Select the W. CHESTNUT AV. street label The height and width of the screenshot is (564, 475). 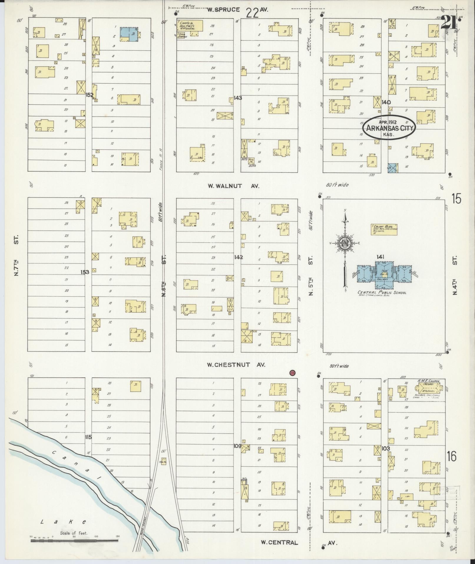click(x=236, y=365)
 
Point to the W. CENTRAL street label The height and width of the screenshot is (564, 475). click(x=279, y=542)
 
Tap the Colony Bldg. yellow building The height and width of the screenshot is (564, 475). click(x=384, y=229)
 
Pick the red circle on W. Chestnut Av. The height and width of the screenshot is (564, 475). click(x=292, y=372)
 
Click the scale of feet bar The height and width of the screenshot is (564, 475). click(x=74, y=541)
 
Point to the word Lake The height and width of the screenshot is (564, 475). click(x=63, y=522)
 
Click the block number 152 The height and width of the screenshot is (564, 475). click(x=89, y=95)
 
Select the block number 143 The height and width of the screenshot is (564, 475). click(x=238, y=98)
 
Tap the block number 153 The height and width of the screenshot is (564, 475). click(x=85, y=272)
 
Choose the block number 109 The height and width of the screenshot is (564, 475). click(x=237, y=446)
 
